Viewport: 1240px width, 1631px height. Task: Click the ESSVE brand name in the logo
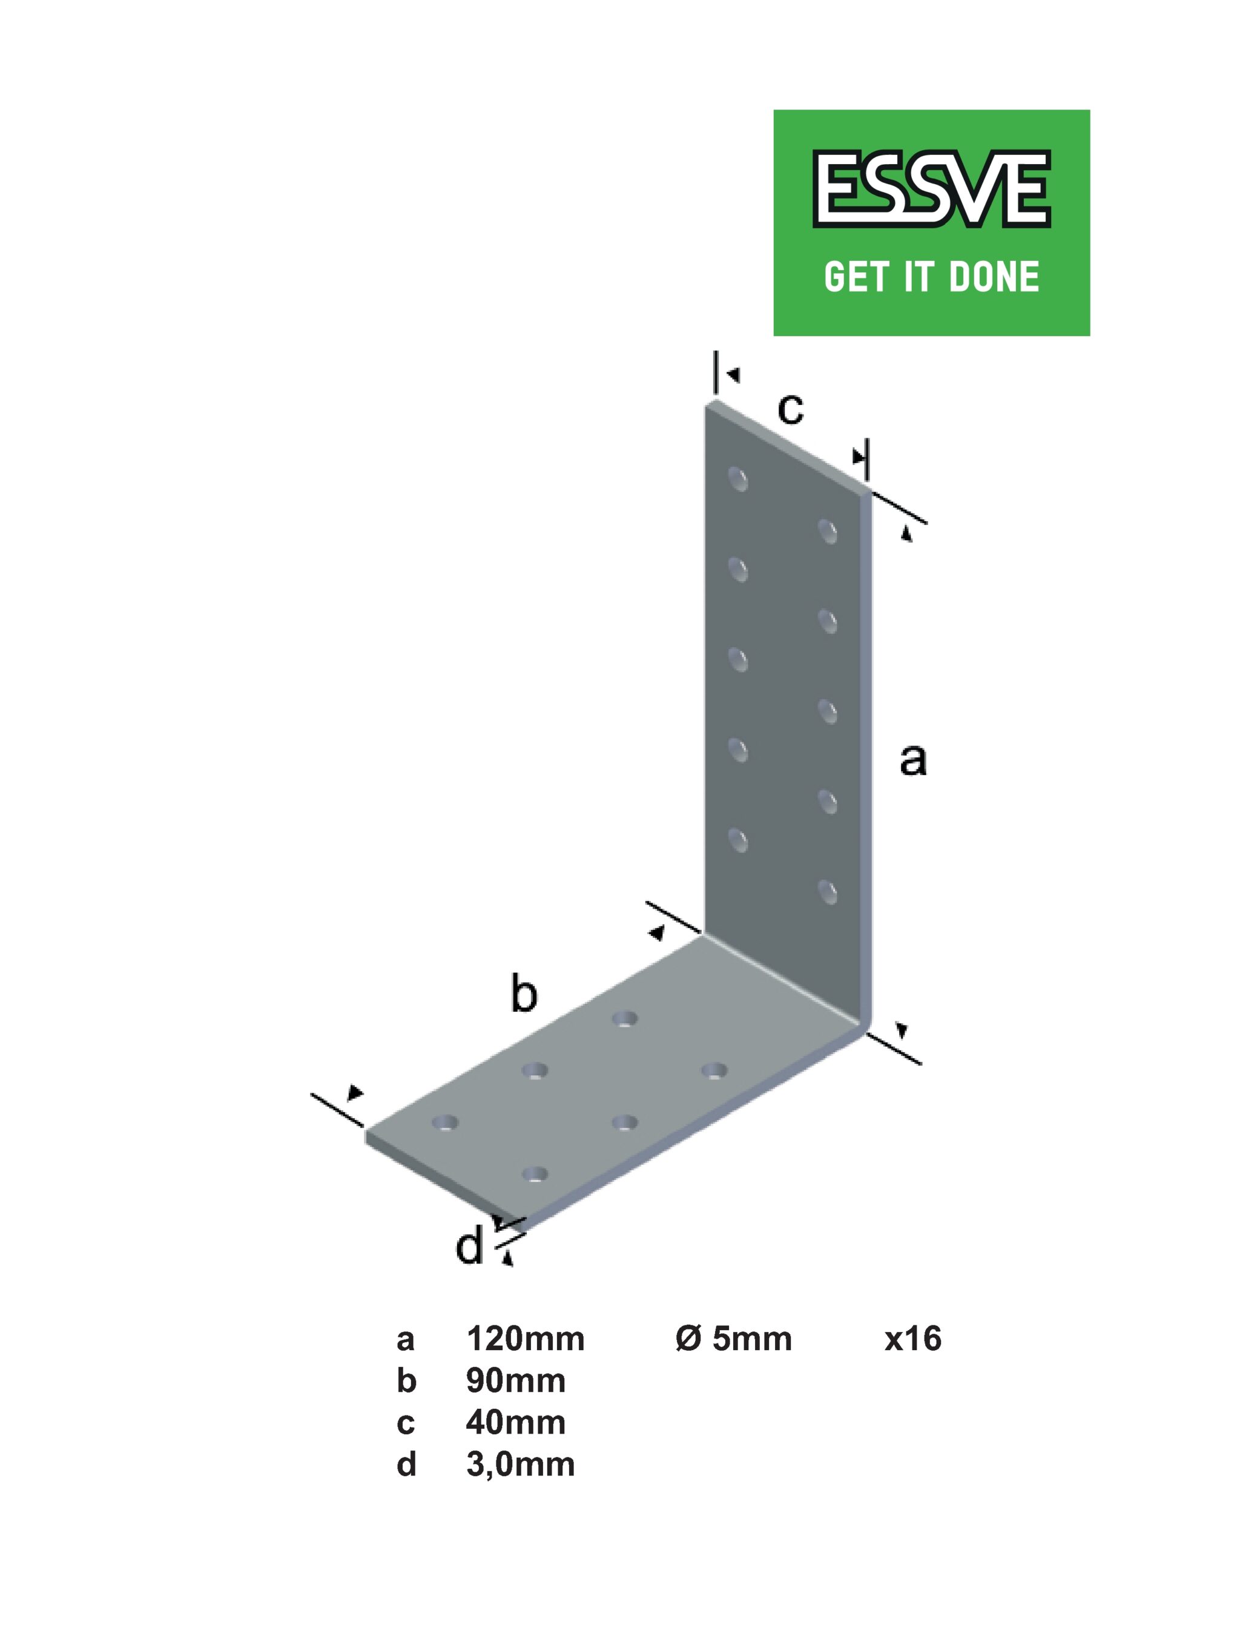[931, 189]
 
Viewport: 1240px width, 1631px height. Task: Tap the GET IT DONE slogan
[931, 277]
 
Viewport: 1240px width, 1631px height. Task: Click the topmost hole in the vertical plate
[738, 479]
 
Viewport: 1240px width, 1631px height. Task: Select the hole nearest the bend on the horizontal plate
[625, 1020]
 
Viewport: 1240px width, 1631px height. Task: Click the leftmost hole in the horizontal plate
[444, 1123]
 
